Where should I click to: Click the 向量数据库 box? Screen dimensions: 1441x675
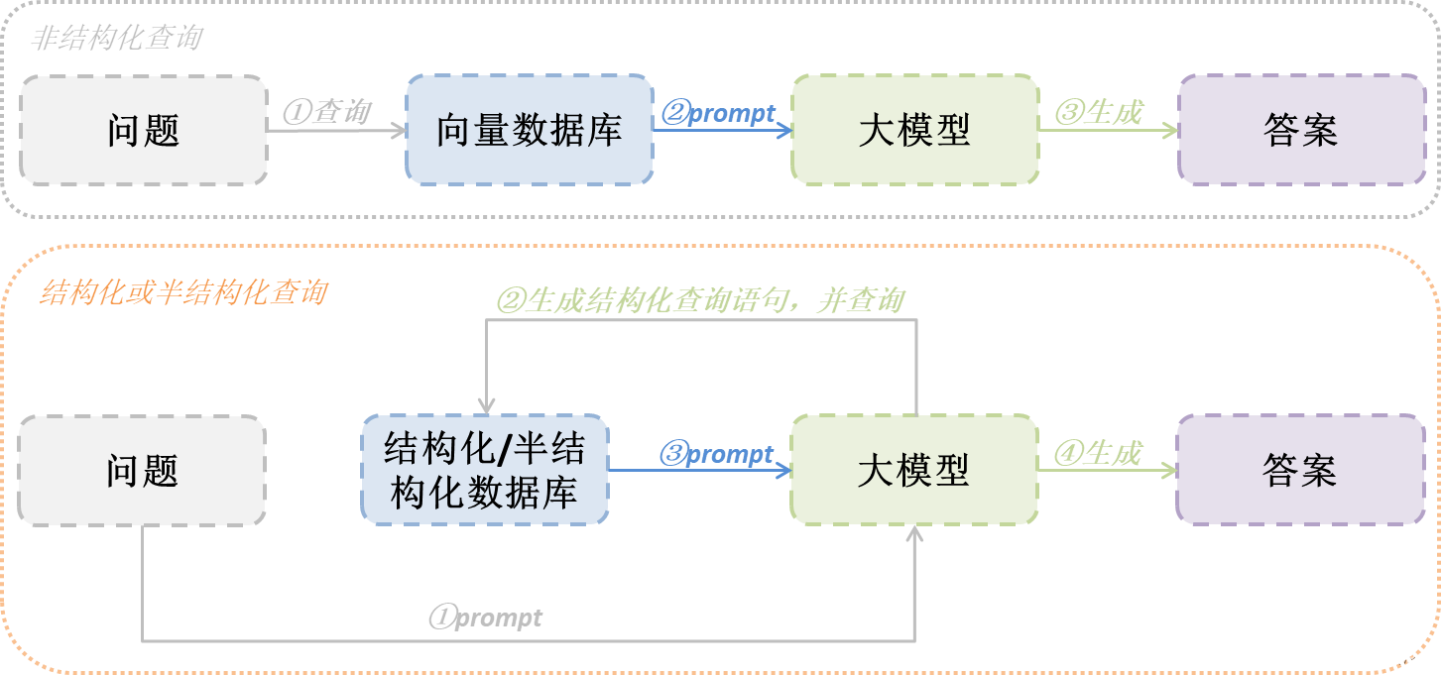coord(530,130)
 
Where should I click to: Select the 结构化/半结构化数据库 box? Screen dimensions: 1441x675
coord(485,470)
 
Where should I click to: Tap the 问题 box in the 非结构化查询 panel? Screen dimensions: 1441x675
coord(144,130)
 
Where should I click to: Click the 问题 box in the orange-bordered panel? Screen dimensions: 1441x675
coord(142,470)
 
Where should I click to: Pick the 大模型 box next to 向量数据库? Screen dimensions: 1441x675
coord(914,130)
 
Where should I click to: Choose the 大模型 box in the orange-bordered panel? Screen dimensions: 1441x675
coord(913,470)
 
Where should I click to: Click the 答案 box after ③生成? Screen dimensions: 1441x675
coord(1301,130)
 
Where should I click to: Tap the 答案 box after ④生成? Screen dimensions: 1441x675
coord(1300,470)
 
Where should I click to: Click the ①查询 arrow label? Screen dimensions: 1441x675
coord(326,112)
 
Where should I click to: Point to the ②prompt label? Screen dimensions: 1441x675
coord(719,113)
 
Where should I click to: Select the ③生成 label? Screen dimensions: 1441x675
coord(1099,112)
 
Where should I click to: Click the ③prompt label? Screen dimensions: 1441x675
coord(717,454)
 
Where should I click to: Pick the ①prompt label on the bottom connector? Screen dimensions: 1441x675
coord(486,618)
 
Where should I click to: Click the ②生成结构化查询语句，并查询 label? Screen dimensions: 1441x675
coord(700,300)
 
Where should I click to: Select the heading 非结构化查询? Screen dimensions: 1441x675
coord(117,39)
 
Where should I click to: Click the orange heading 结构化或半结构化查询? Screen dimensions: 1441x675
coord(183,292)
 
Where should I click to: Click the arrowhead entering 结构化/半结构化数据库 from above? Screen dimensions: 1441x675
coord(486,406)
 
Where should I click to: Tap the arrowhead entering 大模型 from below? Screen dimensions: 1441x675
coord(914,533)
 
